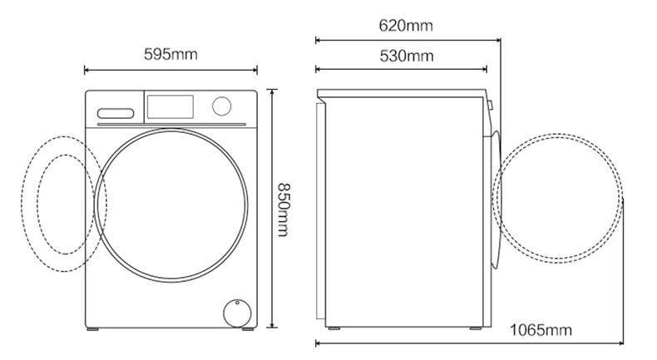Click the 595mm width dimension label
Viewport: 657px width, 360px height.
point(170,55)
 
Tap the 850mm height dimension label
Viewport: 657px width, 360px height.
point(284,210)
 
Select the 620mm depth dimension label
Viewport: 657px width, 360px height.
point(406,26)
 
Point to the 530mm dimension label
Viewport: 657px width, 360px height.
point(407,56)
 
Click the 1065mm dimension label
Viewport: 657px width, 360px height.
point(541,330)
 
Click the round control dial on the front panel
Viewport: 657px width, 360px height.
point(222,106)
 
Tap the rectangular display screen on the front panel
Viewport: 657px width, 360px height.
point(170,107)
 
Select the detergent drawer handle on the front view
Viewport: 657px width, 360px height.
point(116,114)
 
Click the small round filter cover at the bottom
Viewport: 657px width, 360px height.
point(237,313)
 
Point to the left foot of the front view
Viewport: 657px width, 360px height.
point(92,329)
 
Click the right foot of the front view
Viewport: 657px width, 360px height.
point(248,329)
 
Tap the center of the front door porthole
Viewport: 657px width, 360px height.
point(171,205)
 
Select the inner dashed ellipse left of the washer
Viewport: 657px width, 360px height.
point(37,205)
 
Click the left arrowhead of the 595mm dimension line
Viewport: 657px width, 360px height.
point(86,70)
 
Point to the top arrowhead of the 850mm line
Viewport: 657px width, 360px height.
point(272,91)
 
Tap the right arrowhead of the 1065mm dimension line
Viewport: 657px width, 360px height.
point(621,343)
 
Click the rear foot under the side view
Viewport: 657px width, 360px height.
point(334,328)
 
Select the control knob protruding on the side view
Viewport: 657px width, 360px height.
point(491,106)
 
